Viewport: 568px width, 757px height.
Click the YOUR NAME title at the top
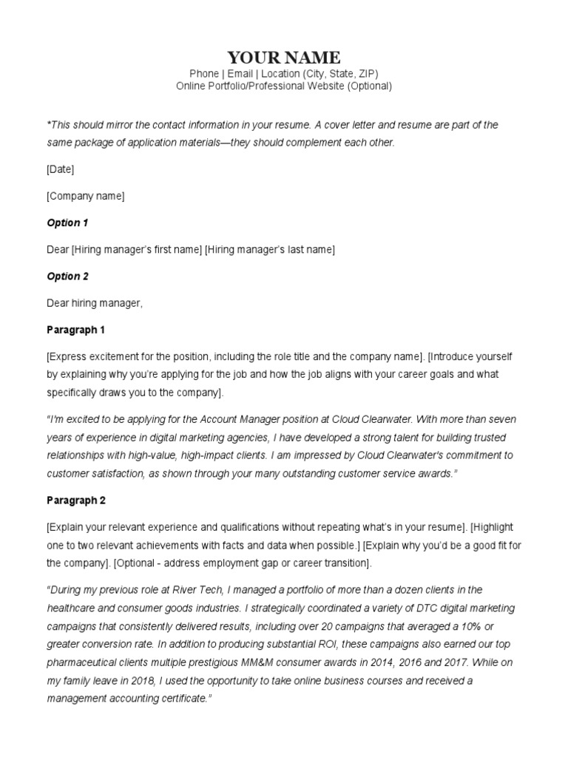pyautogui.click(x=284, y=58)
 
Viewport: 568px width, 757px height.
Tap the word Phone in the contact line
pyautogui.click(x=204, y=74)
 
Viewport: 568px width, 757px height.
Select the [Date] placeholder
pyautogui.click(x=60, y=169)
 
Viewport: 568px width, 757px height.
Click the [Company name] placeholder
pyautogui.click(x=85, y=196)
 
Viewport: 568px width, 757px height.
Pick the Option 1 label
pyautogui.click(x=67, y=223)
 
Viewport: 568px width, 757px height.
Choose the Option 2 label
pyautogui.click(x=67, y=276)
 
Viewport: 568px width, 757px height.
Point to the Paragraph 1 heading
pyautogui.click(x=76, y=330)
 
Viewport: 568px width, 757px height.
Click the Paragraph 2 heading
pyautogui.click(x=76, y=500)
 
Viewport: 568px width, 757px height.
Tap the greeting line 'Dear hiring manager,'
pyautogui.click(x=94, y=303)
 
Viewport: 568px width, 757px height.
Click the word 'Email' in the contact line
pyautogui.click(x=240, y=74)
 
